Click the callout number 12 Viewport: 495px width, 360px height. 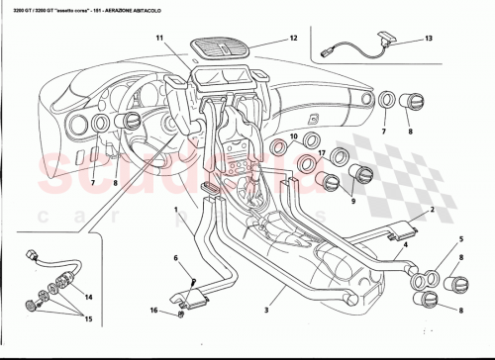293,39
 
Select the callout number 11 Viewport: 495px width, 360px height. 157,38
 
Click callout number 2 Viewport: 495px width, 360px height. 432,212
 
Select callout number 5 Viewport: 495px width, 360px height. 460,240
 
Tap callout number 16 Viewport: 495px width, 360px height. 153,310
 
